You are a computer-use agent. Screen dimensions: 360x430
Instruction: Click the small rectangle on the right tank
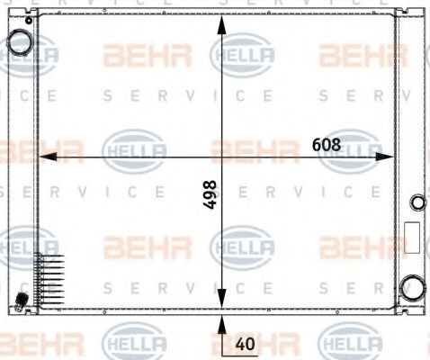(x=412, y=238)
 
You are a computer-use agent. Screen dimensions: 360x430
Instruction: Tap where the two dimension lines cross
(x=220, y=157)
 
